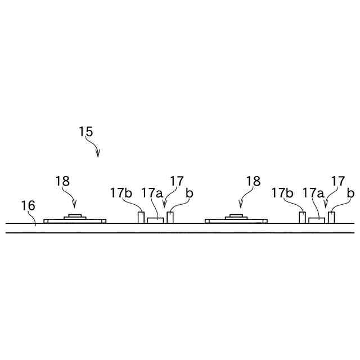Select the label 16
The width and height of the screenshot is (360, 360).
[x=28, y=206]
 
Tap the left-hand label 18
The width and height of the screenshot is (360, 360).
[x=62, y=181]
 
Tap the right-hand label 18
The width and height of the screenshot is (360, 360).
[x=253, y=181]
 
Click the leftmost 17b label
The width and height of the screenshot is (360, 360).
[x=121, y=193]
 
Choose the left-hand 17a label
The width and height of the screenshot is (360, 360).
[x=151, y=193]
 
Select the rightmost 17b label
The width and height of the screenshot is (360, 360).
[x=282, y=193]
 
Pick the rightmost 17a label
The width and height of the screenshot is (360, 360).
[x=313, y=193]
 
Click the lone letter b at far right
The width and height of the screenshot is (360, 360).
[x=350, y=193]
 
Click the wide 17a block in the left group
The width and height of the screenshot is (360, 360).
[x=156, y=220]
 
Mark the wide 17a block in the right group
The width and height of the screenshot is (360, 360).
[x=317, y=220]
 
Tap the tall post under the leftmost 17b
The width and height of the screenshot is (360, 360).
[x=141, y=217]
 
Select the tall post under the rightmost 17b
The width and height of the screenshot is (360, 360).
[x=303, y=217]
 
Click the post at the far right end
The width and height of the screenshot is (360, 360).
[x=332, y=217]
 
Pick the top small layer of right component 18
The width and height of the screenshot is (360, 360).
[x=236, y=215]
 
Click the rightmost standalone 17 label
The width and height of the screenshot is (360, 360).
[x=338, y=181]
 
